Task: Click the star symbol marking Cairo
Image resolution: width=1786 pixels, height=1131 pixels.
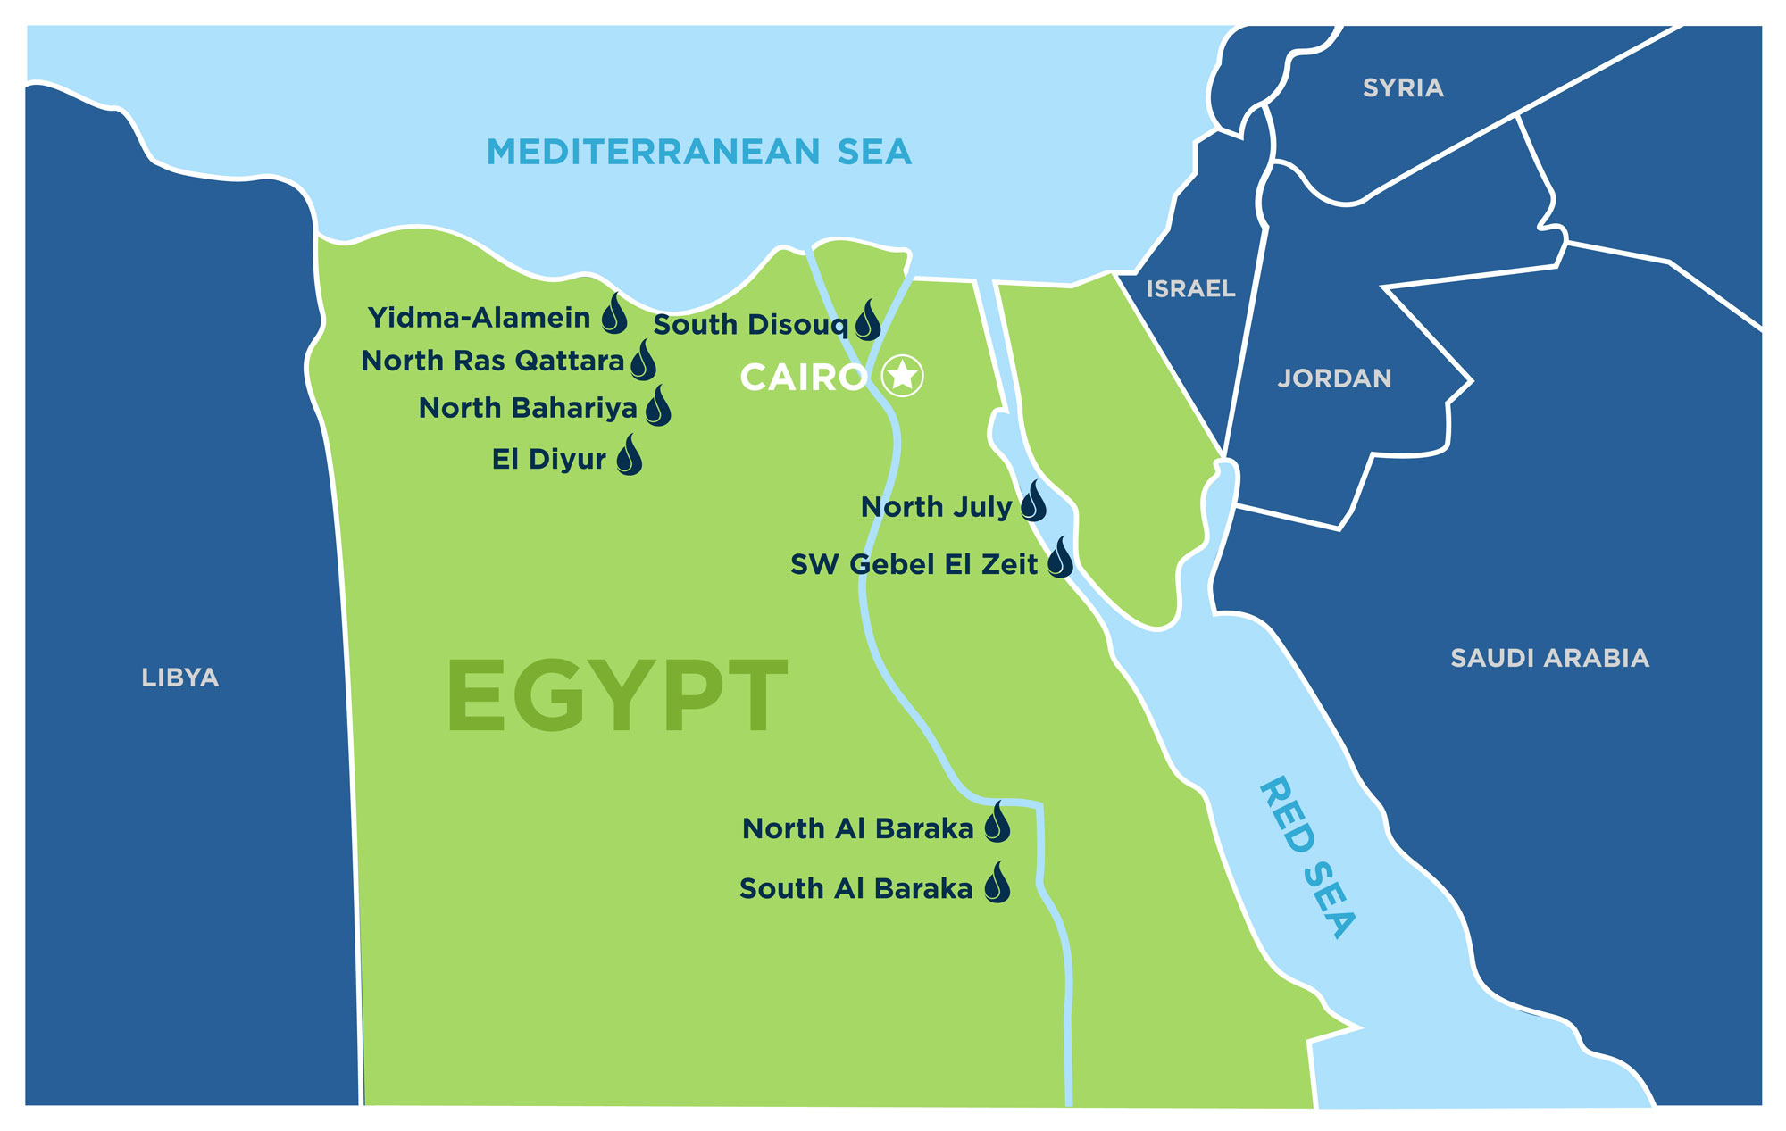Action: pos(903,376)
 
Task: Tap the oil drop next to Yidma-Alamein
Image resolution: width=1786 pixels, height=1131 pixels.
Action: pos(614,315)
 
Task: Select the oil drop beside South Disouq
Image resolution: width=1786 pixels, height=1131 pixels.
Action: pos(868,321)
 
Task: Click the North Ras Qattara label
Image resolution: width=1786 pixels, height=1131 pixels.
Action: pos(492,361)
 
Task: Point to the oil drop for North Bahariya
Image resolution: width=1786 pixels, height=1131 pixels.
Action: pos(659,407)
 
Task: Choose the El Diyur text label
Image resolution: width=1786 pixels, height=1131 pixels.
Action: pos(548,459)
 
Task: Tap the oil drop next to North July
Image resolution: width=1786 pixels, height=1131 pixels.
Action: pos(1033,503)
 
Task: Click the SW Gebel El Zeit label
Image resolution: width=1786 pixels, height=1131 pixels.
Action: pos(914,564)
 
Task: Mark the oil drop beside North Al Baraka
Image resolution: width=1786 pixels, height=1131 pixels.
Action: pos(997,823)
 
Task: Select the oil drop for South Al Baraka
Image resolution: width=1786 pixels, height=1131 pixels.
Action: pos(997,884)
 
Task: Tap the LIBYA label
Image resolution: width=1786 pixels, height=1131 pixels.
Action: pos(179,678)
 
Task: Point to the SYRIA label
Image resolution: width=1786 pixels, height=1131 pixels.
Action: pos(1403,87)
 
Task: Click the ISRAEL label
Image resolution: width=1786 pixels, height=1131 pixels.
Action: pos(1190,288)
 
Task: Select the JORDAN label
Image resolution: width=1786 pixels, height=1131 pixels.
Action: pos(1334,378)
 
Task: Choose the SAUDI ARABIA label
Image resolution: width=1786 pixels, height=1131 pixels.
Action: pos(1549,658)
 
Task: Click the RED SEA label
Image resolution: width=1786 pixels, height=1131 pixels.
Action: pos(1308,857)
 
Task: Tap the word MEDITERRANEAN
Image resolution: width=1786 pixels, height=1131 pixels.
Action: pos(653,152)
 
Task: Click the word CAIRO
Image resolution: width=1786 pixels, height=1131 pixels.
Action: pos(803,378)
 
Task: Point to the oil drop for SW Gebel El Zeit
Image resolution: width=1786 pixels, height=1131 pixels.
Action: pos(1060,559)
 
